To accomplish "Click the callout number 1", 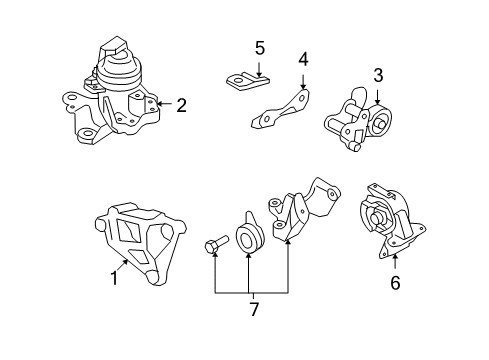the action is (114, 278).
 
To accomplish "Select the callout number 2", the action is (181, 105).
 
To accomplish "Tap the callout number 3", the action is (378, 75).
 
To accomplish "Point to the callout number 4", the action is (303, 60).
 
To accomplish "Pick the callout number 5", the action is (260, 48).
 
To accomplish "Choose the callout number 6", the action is (395, 283).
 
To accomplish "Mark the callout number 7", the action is (254, 309).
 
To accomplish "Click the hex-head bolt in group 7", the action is (216, 245).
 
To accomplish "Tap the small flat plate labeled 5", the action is (247, 82).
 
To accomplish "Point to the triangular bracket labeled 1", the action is (140, 243).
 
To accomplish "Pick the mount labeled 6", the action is (392, 221).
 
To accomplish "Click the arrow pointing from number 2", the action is (164, 104).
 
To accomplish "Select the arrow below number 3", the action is (377, 96).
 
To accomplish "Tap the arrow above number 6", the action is (395, 261).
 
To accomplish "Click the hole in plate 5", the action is (238, 80).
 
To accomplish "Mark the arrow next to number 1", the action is (123, 265).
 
